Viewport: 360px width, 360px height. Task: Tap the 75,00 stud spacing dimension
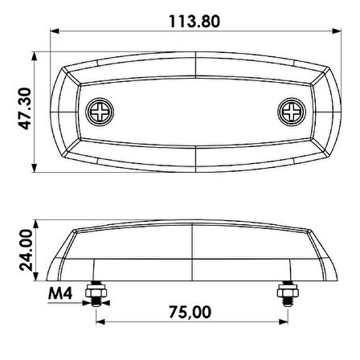191,311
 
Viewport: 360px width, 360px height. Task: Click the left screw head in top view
100,110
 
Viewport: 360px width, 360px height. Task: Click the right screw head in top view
290,110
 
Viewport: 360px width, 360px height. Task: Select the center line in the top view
196,110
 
